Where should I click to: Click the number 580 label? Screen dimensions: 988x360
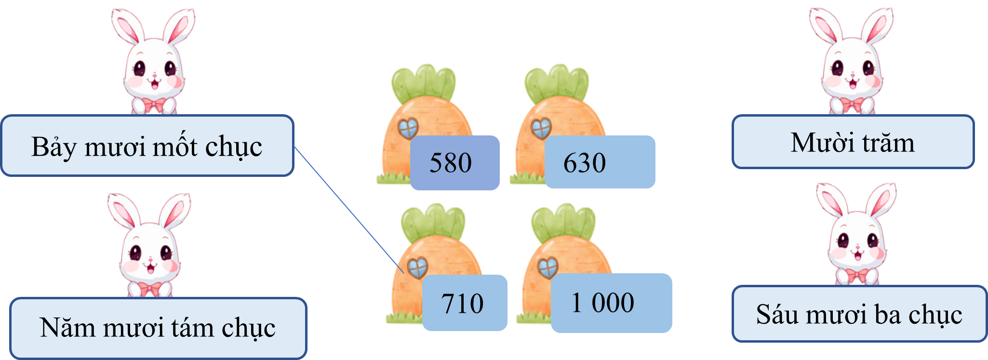pyautogui.click(x=455, y=163)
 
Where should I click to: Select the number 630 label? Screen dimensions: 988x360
pyautogui.click(x=600, y=162)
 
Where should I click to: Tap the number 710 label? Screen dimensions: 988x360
pyautogui.click(x=465, y=303)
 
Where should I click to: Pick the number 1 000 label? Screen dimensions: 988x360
pyautogui.click(x=611, y=303)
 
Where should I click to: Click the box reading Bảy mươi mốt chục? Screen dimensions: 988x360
pyautogui.click(x=147, y=146)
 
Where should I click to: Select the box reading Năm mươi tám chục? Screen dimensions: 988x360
pyautogui.click(x=158, y=328)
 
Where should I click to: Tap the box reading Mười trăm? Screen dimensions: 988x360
pyautogui.click(x=853, y=142)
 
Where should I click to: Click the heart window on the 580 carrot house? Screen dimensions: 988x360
pyautogui.click(x=408, y=128)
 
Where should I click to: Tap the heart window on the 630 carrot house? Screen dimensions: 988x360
pyautogui.click(x=541, y=128)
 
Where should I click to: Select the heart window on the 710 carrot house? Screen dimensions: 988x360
pyautogui.click(x=417, y=268)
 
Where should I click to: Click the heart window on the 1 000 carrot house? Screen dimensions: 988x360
pyautogui.click(x=547, y=268)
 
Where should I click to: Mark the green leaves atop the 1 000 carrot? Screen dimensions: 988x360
pyautogui.click(x=563, y=223)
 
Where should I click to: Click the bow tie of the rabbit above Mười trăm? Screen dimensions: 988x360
pyautogui.click(x=852, y=104)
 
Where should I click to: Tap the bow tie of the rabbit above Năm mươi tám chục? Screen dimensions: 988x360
pyautogui.click(x=150, y=289)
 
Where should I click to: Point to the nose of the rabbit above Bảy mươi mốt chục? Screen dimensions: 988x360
pyautogui.click(x=155, y=75)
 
